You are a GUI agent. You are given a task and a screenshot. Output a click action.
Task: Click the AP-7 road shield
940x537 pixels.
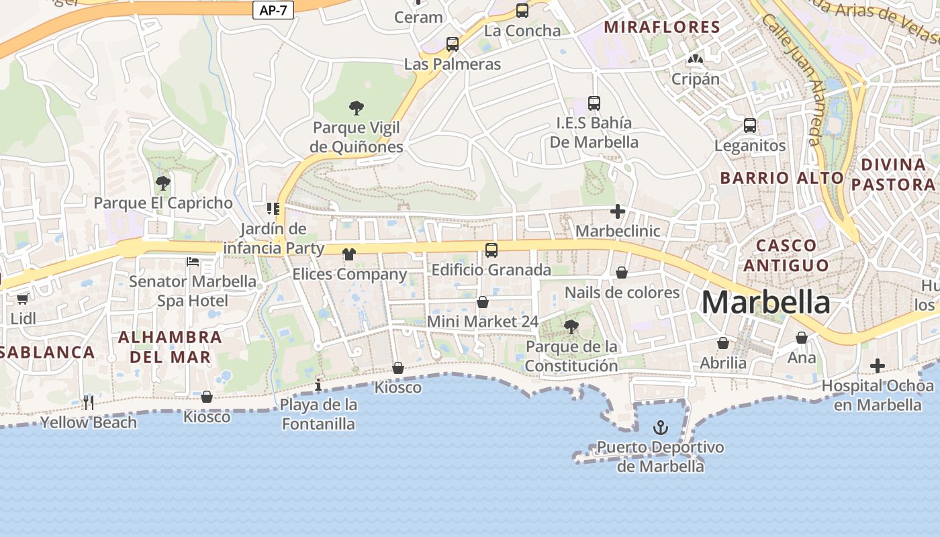click(273, 10)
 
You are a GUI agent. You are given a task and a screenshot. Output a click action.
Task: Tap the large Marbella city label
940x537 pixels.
click(765, 303)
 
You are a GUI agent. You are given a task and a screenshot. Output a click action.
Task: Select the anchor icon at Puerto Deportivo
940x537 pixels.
click(661, 428)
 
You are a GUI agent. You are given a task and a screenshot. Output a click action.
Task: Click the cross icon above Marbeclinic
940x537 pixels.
click(618, 211)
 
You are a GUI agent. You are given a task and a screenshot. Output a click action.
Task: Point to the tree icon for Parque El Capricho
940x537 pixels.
click(162, 183)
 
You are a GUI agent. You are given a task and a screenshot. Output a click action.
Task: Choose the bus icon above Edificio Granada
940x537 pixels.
click(491, 250)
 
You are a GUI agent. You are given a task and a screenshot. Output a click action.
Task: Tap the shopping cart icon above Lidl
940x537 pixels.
click(23, 299)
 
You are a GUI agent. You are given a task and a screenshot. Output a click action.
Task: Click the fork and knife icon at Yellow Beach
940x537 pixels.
click(88, 402)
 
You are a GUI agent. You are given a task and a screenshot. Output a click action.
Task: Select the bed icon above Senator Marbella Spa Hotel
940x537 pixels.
click(193, 261)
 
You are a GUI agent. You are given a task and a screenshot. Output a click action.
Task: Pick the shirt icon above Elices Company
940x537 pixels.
click(349, 254)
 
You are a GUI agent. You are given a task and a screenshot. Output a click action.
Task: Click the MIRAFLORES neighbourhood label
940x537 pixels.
click(662, 28)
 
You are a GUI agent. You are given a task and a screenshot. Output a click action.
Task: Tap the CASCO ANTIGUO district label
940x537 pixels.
click(786, 255)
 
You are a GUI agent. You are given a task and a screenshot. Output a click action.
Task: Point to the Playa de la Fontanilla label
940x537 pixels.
click(318, 414)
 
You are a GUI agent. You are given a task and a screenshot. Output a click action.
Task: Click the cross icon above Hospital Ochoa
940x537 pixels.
click(878, 366)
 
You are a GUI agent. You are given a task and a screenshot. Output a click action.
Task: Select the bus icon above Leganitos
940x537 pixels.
click(750, 126)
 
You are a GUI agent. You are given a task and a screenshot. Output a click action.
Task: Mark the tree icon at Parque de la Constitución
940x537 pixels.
click(571, 327)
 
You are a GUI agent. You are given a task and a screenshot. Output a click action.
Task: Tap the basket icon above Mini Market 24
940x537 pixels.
click(483, 302)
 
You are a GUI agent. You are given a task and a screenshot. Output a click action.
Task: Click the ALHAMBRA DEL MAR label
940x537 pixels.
click(170, 346)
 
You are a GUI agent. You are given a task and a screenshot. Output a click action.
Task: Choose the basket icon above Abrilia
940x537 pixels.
click(723, 343)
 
